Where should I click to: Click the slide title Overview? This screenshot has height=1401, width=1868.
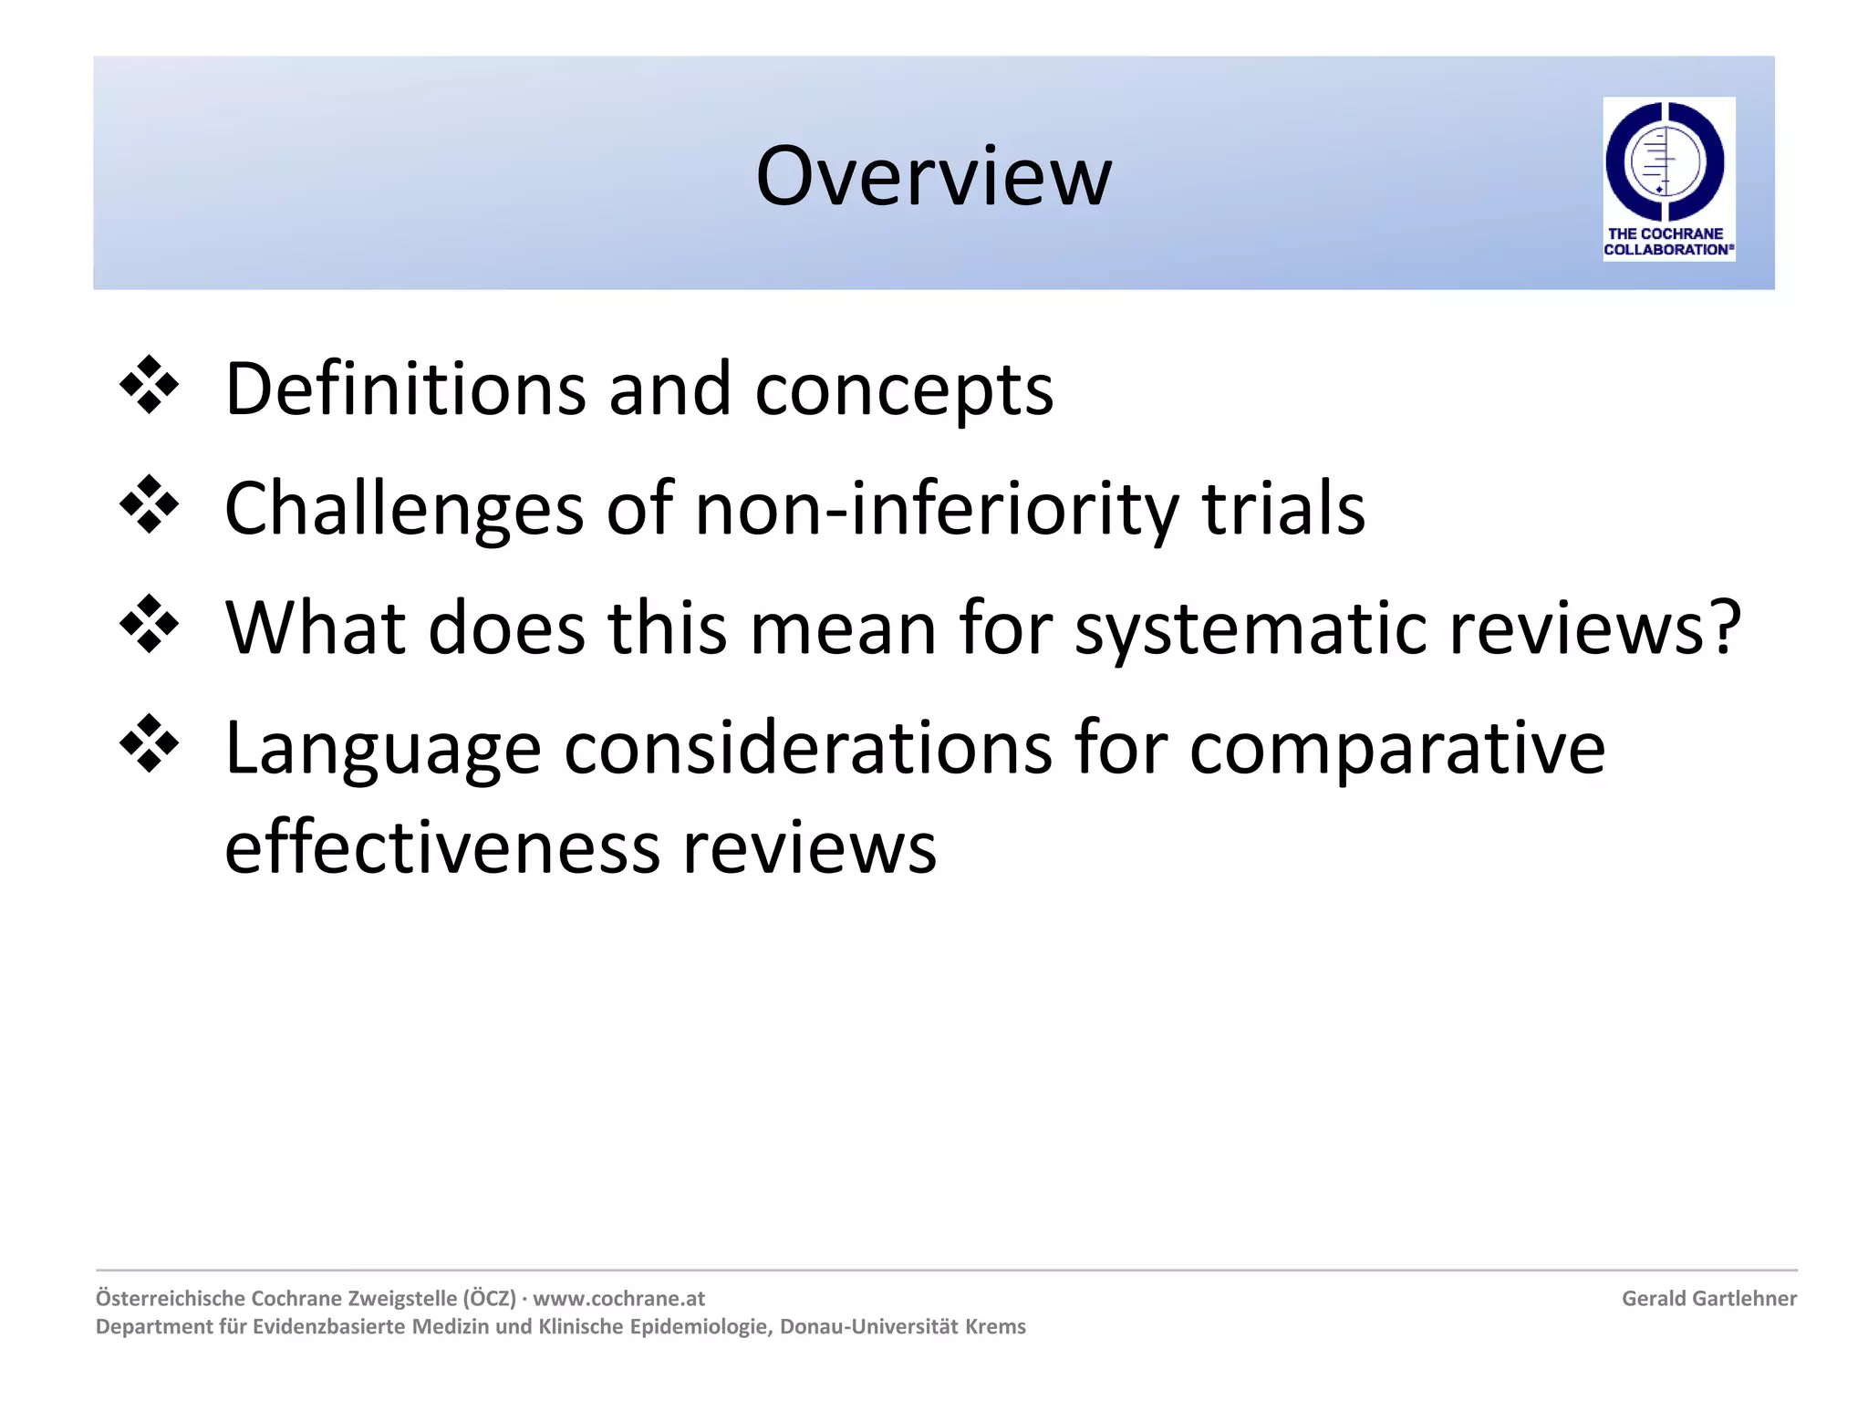click(x=933, y=176)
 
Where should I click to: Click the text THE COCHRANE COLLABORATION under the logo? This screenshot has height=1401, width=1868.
click(x=1668, y=242)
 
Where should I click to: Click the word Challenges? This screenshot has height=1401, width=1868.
click(x=404, y=509)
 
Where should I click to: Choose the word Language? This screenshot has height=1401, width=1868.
click(x=383, y=750)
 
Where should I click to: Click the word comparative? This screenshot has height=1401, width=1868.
click(x=1396, y=750)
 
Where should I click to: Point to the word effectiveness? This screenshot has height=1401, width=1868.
click(x=441, y=848)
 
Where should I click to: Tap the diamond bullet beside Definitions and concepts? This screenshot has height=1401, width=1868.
click(x=149, y=387)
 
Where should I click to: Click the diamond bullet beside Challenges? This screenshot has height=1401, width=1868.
click(x=149, y=505)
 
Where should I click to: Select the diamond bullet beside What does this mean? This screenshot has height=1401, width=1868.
click(x=149, y=625)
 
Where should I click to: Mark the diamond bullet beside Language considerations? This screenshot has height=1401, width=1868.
click(x=149, y=745)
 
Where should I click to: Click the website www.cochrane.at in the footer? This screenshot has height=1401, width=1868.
click(x=618, y=1298)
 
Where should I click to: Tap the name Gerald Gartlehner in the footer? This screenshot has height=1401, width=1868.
click(x=1708, y=1298)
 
